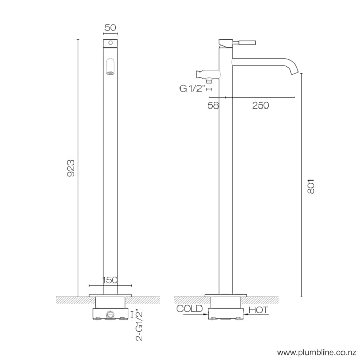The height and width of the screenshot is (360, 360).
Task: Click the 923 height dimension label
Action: pyautogui.click(x=71, y=168)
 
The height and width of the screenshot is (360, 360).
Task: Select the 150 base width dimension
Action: pyautogui.click(x=110, y=280)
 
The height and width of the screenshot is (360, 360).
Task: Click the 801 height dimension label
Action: pyautogui.click(x=310, y=186)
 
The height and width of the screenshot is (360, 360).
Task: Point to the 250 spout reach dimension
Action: pyautogui.click(x=260, y=105)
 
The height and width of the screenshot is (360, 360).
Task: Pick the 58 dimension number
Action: pyautogui.click(x=213, y=105)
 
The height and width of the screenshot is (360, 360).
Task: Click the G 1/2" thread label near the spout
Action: pyautogui.click(x=192, y=88)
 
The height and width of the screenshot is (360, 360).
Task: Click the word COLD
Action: pyautogui.click(x=189, y=309)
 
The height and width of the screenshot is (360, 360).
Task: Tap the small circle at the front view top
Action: pyautogui.click(x=110, y=41)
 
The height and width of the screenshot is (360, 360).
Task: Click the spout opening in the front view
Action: pyautogui.click(x=110, y=67)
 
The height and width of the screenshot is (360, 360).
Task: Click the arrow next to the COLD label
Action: pyautogui.click(x=202, y=314)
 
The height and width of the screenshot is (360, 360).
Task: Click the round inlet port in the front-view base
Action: pyautogui.click(x=110, y=314)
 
